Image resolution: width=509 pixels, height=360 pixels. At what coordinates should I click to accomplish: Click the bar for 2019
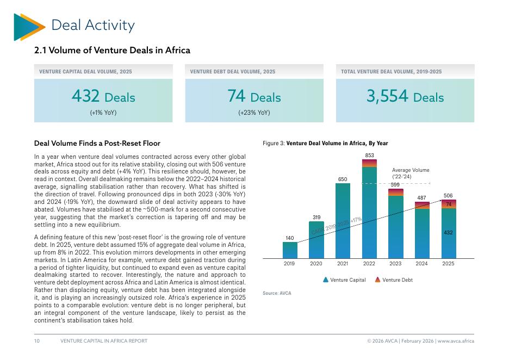click(290, 250)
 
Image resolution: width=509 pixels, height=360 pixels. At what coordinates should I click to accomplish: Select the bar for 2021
click(343, 220)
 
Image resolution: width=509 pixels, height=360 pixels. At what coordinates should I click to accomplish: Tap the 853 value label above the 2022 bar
click(369, 156)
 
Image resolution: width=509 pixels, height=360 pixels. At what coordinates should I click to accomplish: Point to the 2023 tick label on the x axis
click(395, 264)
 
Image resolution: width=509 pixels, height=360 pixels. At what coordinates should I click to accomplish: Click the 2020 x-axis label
click(316, 264)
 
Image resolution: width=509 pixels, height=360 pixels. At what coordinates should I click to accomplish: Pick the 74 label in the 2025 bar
click(449, 204)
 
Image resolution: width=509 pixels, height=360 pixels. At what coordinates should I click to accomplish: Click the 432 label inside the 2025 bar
click(449, 232)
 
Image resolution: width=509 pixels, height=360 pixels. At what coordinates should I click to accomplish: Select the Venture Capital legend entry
click(344, 280)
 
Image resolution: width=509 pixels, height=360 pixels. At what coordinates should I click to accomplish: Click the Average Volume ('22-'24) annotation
click(410, 173)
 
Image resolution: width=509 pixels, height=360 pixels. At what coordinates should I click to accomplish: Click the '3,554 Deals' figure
click(405, 97)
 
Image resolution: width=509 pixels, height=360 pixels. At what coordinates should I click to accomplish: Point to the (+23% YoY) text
click(254, 113)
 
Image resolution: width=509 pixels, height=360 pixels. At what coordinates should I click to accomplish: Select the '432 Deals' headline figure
click(103, 97)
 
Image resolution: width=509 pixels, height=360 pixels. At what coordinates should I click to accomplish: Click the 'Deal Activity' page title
click(92, 25)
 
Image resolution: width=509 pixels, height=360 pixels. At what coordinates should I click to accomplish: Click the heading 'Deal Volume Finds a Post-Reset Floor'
click(97, 143)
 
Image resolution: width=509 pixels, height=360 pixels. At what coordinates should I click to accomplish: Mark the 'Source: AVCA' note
click(277, 293)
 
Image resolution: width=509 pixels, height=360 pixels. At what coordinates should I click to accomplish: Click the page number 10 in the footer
click(37, 341)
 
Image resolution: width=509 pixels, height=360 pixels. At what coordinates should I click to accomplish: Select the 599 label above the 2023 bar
click(395, 185)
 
